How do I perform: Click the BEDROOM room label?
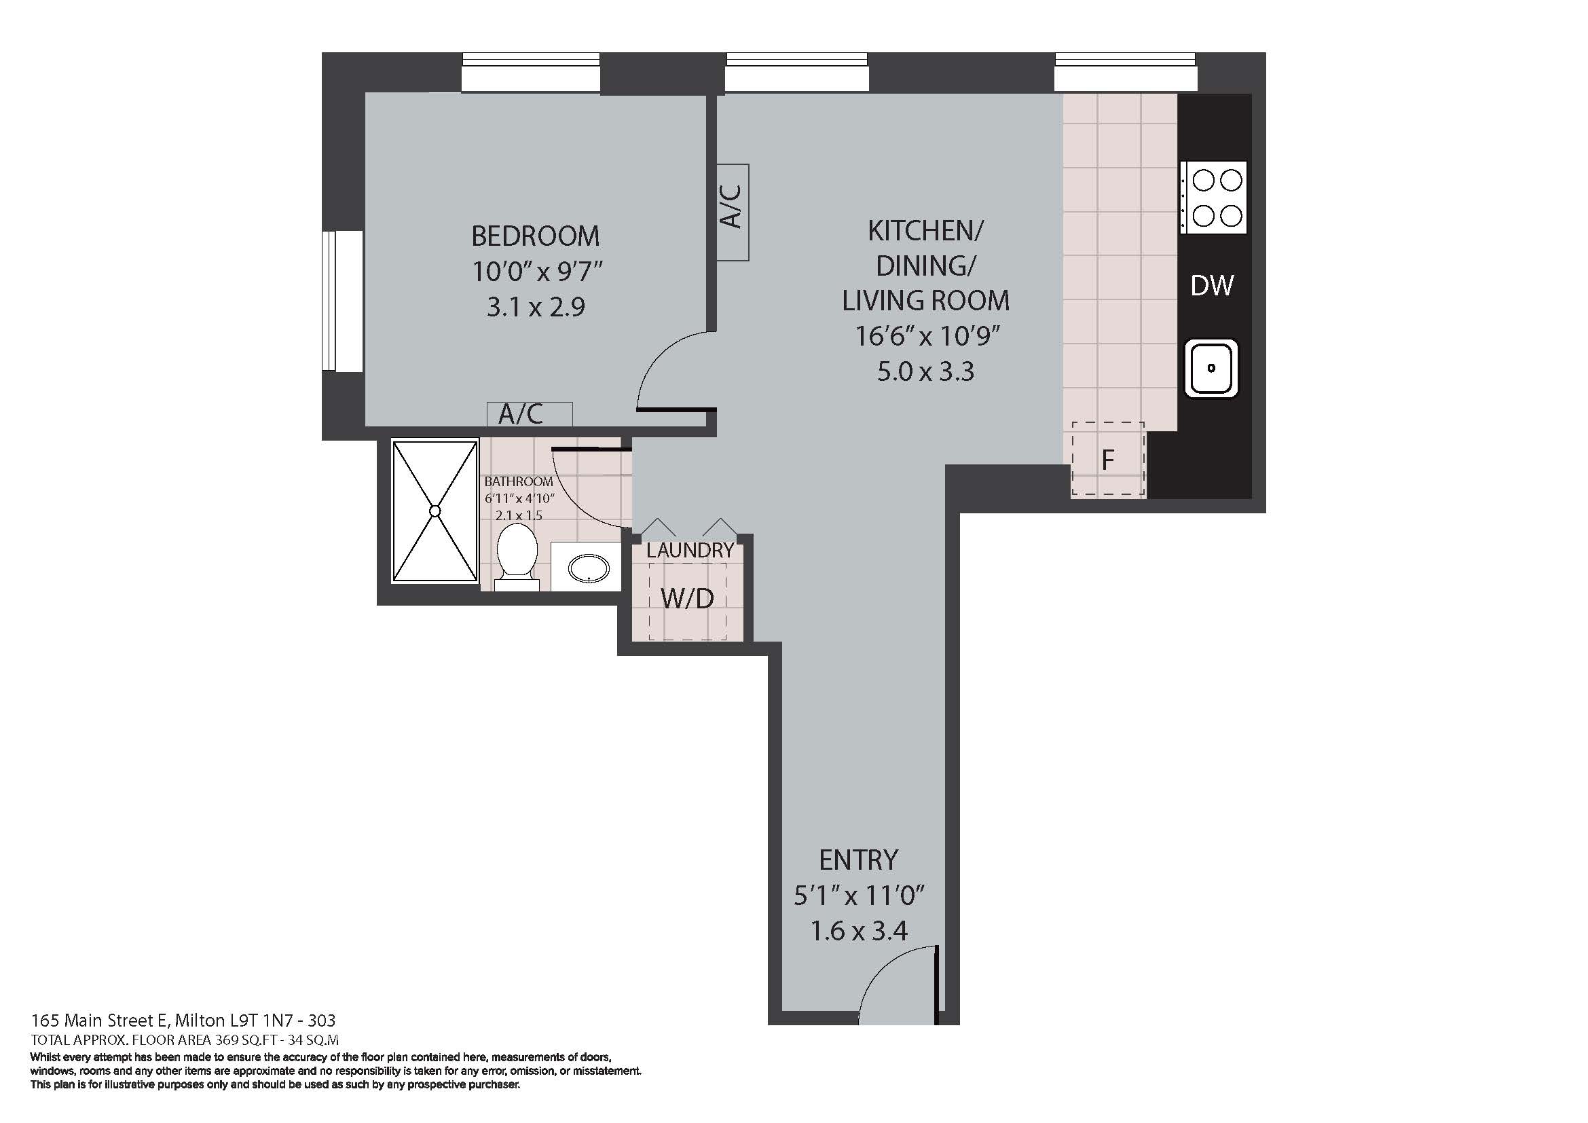[x=535, y=236]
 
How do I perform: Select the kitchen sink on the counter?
[x=1211, y=368]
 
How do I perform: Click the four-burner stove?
[x=1214, y=198]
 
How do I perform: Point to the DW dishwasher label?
[x=1212, y=286]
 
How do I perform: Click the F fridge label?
[x=1107, y=460]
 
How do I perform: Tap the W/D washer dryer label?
[x=687, y=599]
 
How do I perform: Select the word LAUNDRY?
[x=690, y=551]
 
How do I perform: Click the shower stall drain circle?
[x=435, y=511]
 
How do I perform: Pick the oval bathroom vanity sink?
[x=589, y=569]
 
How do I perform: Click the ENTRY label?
[x=858, y=860]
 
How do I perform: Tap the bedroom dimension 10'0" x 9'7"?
[x=538, y=272]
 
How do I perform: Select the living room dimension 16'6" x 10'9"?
[x=927, y=337]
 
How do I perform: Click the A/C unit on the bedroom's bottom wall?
[x=529, y=414]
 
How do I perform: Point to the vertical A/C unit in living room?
[x=733, y=212]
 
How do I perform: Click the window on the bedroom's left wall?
[x=342, y=301]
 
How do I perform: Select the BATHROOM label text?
[x=519, y=481]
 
